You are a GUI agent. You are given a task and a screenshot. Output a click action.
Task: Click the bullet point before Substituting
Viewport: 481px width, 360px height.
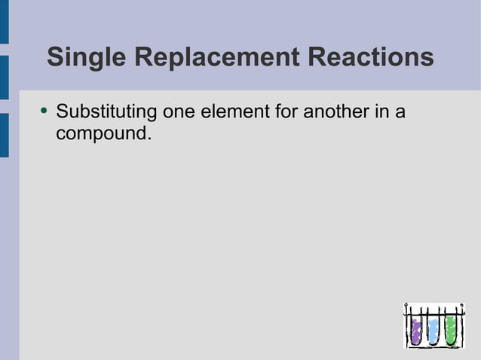[x=44, y=113]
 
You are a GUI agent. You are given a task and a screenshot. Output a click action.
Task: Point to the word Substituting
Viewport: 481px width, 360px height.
[x=106, y=113]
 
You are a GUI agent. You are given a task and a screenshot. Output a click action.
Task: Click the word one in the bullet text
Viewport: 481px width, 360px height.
[x=178, y=113]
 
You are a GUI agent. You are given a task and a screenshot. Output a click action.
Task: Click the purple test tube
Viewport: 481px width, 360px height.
[x=415, y=328]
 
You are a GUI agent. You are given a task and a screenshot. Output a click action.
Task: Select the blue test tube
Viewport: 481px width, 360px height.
[x=434, y=329]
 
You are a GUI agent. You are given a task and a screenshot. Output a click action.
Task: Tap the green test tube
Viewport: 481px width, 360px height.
[x=451, y=328]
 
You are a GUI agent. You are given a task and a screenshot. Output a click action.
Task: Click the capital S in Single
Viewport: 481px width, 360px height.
[x=54, y=57]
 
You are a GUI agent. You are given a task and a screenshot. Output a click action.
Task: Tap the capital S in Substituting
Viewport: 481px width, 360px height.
[x=63, y=113]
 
